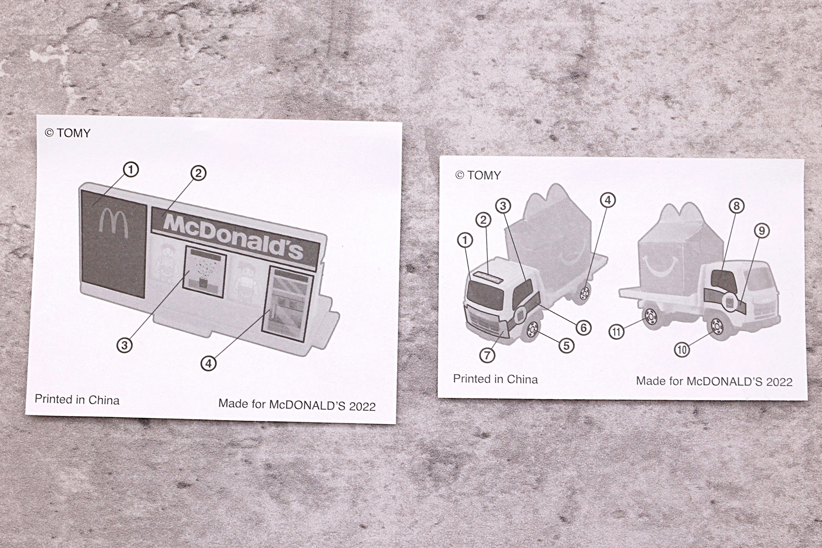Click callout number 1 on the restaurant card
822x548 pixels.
pos(131,170)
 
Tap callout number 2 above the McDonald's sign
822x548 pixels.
pos(198,173)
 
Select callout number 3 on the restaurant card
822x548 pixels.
pos(125,345)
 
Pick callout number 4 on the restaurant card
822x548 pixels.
pos(208,363)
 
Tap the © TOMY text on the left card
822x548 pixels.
pos(68,133)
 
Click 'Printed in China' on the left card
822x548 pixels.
pos(77,400)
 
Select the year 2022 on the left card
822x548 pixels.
pos(362,406)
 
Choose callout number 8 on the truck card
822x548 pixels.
pos(736,206)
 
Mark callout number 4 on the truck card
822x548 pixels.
pos(608,200)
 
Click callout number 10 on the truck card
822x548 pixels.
pos(682,349)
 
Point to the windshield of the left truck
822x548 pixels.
pos(485,295)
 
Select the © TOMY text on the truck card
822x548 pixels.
pos(478,175)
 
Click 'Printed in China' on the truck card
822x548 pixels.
pos(495,379)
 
